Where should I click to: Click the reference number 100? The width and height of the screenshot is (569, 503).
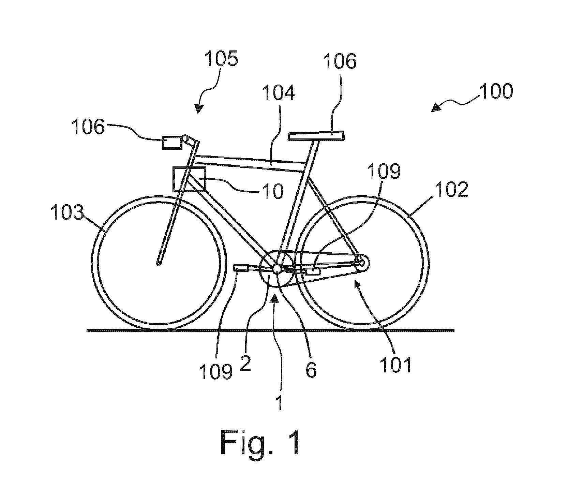pyautogui.click(x=496, y=91)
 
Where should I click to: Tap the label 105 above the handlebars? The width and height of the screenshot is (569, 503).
pyautogui.click(x=221, y=59)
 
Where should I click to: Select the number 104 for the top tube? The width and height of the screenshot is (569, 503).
pyautogui.click(x=279, y=92)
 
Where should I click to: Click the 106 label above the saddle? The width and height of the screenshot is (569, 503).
pyautogui.click(x=340, y=62)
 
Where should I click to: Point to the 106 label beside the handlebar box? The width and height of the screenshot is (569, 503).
pyautogui.click(x=88, y=128)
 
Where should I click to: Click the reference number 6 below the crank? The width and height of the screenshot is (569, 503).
pyautogui.click(x=311, y=370)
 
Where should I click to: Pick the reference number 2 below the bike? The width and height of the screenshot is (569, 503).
pyautogui.click(x=245, y=364)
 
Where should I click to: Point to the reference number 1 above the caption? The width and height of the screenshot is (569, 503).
pyautogui.click(x=279, y=403)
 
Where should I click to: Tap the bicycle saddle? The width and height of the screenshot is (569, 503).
pyautogui.click(x=316, y=136)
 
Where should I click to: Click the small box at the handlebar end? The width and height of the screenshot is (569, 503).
pyautogui.click(x=172, y=142)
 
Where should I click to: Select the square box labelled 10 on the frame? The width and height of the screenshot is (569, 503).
pyautogui.click(x=189, y=179)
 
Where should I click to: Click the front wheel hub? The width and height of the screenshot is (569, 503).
pyautogui.click(x=158, y=263)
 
